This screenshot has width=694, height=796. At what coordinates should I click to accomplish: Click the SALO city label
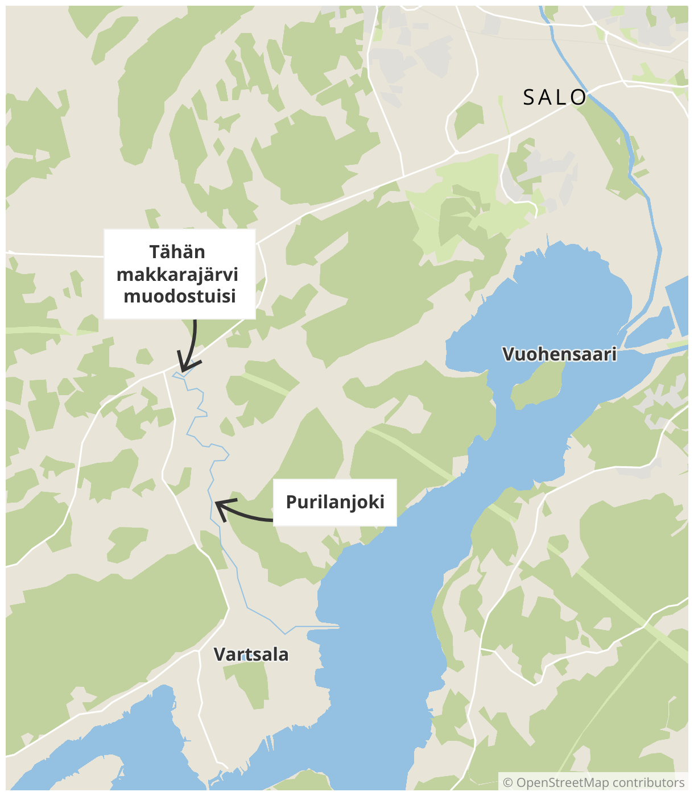click(555, 98)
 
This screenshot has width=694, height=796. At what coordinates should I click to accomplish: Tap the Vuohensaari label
click(560, 354)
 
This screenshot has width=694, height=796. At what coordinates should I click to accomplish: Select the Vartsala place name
click(251, 654)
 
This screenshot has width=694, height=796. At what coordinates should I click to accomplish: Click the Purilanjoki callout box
click(335, 503)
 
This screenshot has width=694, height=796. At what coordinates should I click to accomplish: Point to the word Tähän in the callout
click(177, 252)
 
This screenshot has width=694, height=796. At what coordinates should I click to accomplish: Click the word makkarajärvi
click(177, 275)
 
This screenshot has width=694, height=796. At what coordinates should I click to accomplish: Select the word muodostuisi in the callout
click(180, 297)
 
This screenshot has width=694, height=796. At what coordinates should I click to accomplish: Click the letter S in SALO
click(529, 98)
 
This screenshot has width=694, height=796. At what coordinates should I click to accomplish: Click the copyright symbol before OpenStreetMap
click(508, 783)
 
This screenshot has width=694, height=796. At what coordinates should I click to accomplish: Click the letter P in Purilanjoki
click(291, 503)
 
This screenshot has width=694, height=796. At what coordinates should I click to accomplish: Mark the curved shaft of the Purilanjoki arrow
click(250, 516)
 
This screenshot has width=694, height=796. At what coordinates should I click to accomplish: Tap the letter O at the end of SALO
click(579, 98)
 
